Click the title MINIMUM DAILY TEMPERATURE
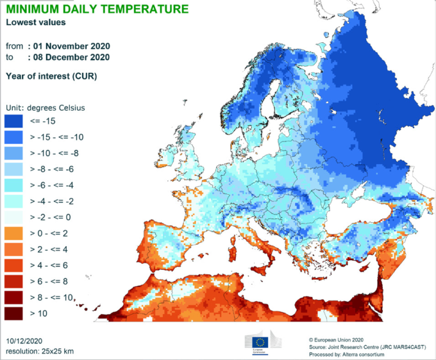coord(97,9)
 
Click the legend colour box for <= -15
coord(14,120)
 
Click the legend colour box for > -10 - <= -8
coord(14,152)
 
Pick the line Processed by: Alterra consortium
coord(351,354)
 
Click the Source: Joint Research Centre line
coord(366,347)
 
